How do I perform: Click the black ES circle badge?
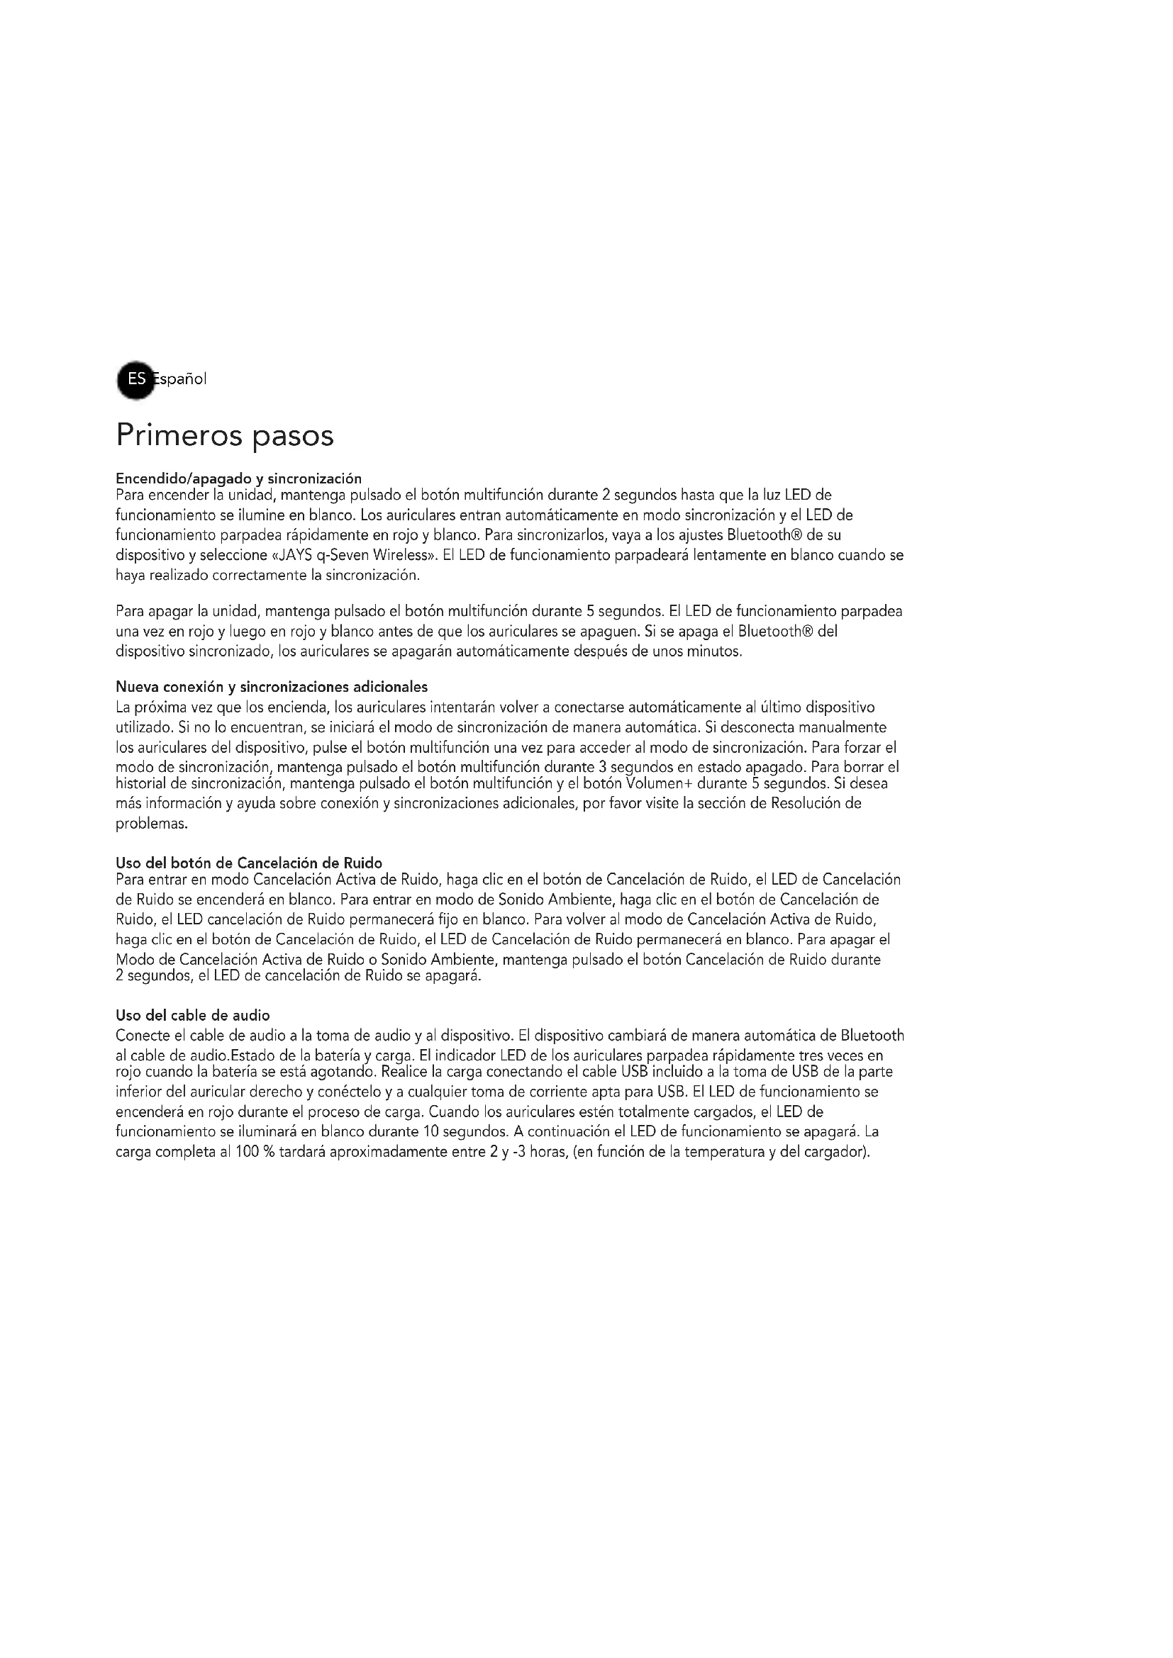tap(135, 379)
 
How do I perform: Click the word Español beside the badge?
tap(181, 379)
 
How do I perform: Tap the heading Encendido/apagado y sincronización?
tap(238, 478)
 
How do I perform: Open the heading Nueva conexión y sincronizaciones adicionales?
tap(272, 687)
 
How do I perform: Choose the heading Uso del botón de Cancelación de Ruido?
tap(248, 863)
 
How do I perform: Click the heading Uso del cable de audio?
tap(193, 1016)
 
